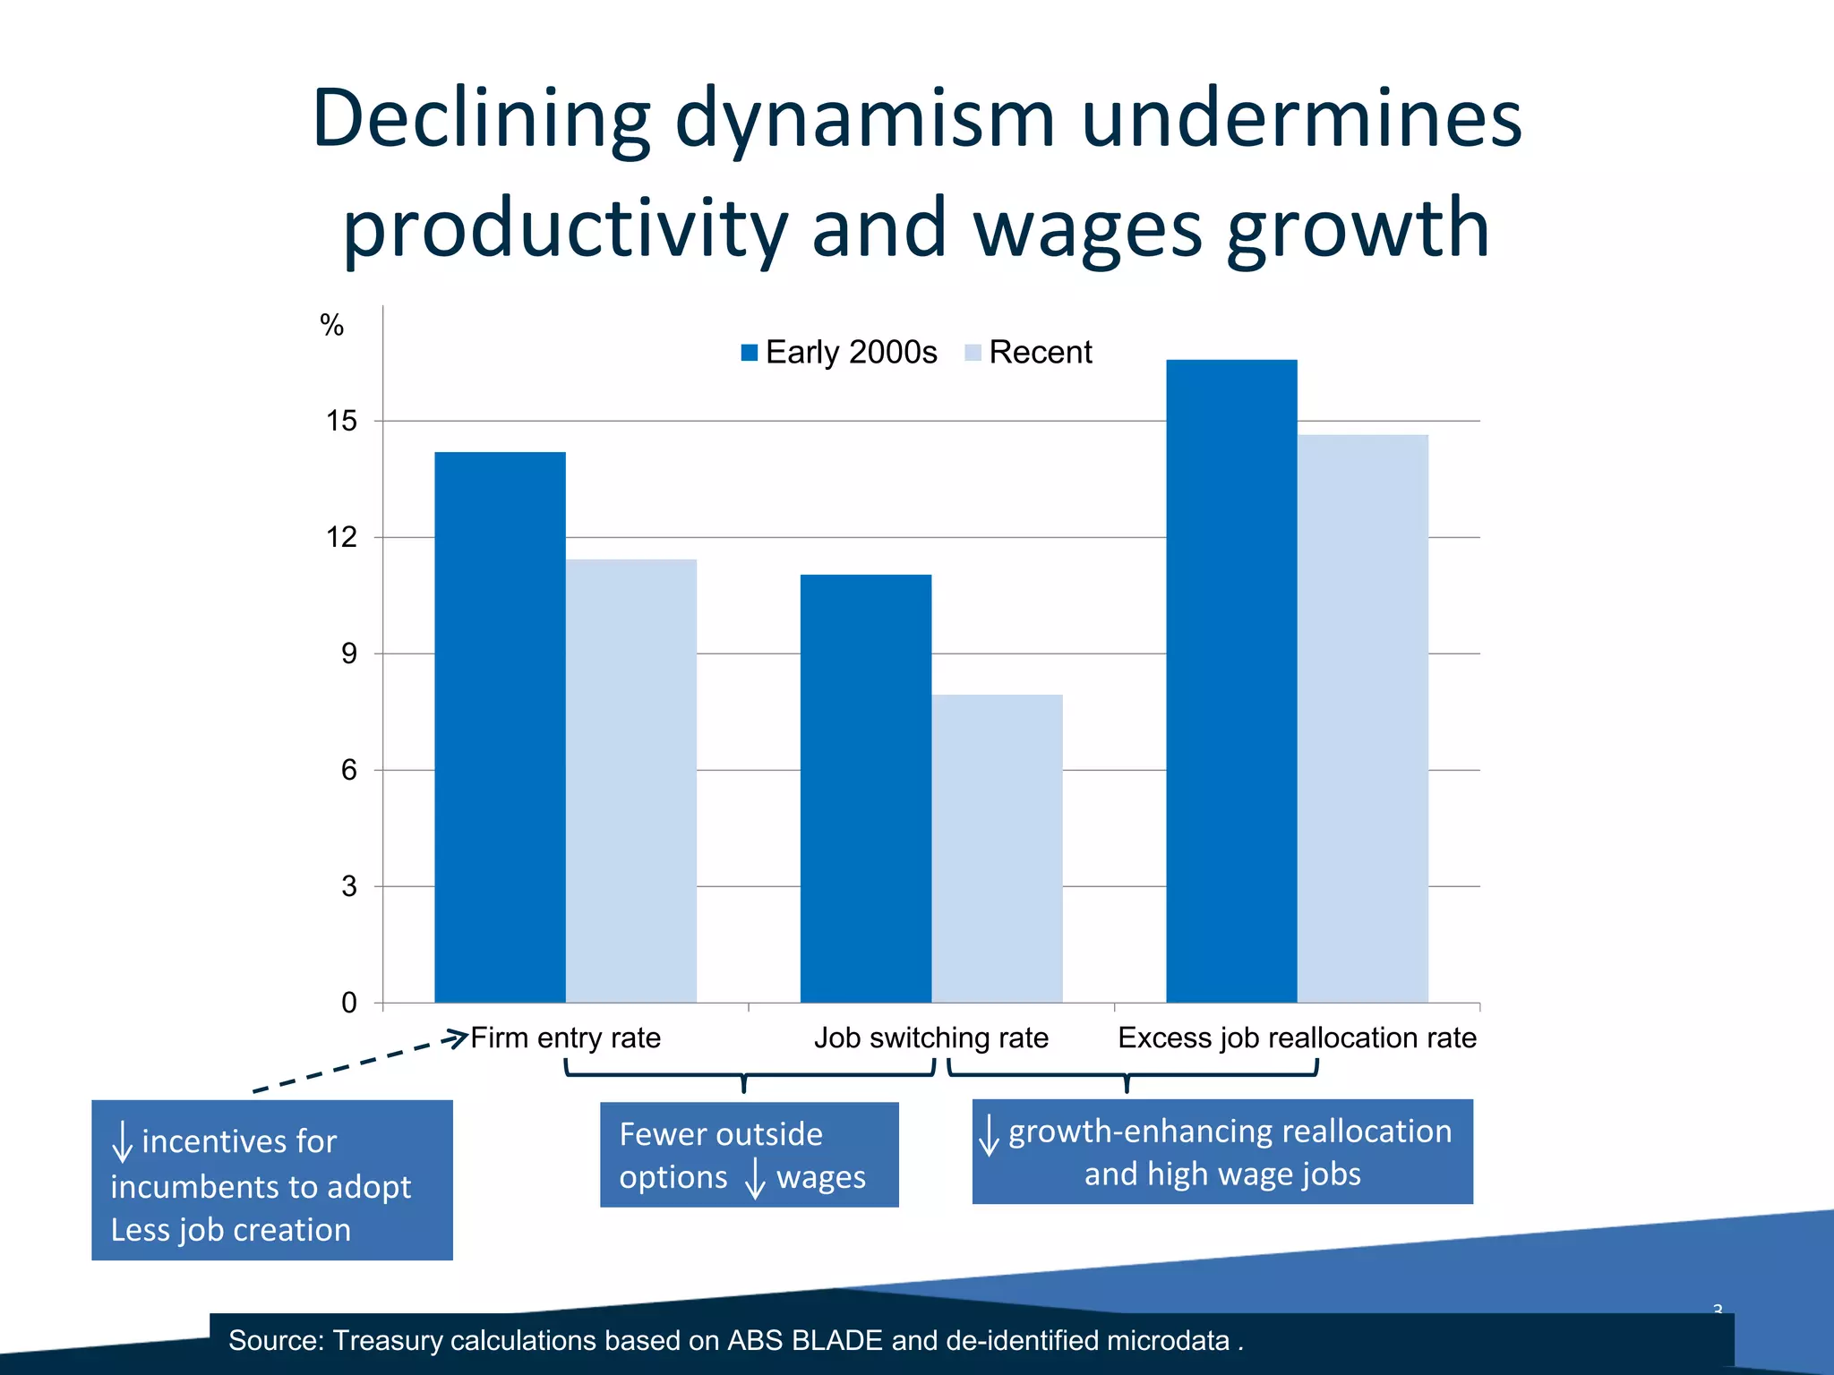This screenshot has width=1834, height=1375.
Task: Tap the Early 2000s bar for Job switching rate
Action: pyautogui.click(x=865, y=788)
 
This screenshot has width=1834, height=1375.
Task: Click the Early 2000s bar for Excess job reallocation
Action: pyautogui.click(x=1231, y=680)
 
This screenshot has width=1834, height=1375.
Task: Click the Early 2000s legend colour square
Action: pyautogui.click(x=750, y=353)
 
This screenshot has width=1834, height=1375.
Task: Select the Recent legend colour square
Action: pyautogui.click(x=973, y=353)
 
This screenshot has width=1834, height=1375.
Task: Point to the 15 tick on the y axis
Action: pyautogui.click(x=341, y=421)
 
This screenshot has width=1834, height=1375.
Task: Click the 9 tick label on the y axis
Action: pyautogui.click(x=348, y=653)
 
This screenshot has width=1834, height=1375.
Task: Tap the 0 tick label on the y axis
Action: pyautogui.click(x=348, y=1003)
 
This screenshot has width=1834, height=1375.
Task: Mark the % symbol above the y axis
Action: pyautogui.click(x=331, y=325)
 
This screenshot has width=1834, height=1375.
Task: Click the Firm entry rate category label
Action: pyautogui.click(x=565, y=1038)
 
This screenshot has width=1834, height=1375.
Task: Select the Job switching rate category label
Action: pyautogui.click(x=930, y=1038)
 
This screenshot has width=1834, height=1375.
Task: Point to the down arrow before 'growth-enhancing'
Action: pyautogui.click(x=989, y=1134)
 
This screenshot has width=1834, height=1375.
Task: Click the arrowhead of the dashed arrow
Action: pyautogui.click(x=458, y=1038)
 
